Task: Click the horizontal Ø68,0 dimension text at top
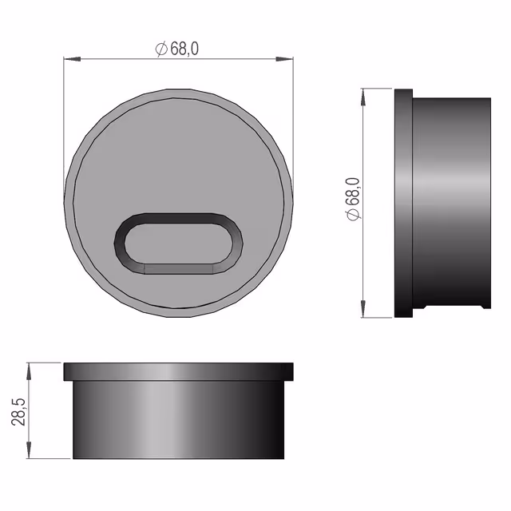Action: (x=177, y=49)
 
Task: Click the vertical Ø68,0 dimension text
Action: (x=353, y=199)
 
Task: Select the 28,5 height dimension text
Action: (x=18, y=411)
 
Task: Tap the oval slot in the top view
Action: (x=178, y=244)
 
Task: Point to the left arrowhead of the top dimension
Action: (x=72, y=59)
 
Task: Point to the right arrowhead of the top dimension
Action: (x=284, y=59)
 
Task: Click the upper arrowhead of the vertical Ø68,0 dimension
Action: (x=363, y=97)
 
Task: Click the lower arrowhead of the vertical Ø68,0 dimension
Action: (x=363, y=309)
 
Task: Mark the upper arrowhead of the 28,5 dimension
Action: (x=29, y=371)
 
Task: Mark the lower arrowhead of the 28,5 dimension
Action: (x=29, y=450)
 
